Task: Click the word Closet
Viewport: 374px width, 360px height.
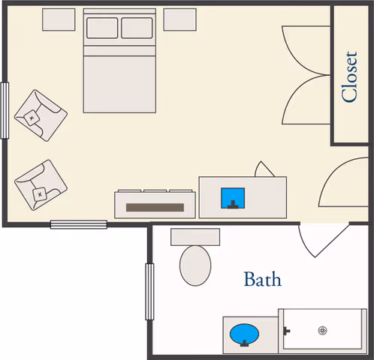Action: pos(349,76)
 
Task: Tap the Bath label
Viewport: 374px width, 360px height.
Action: pos(263,279)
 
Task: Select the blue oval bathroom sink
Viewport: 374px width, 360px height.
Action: pos(244,334)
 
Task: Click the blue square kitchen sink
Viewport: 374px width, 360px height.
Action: pos(233,198)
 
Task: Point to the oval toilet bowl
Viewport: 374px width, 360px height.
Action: pos(195,265)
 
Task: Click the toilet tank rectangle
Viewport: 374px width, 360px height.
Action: pos(195,237)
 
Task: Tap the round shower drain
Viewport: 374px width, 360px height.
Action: pos(322,331)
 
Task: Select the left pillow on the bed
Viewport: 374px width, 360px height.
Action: pos(102,28)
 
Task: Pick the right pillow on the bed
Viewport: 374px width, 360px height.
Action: pos(137,28)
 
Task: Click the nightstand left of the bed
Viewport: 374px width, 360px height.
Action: pos(59,19)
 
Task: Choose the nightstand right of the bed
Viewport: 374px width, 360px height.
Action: pos(179,19)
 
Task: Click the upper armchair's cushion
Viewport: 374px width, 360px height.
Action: pos(32,118)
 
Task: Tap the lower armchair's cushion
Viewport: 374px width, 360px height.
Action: pos(40,194)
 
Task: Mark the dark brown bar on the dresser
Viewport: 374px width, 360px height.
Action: pos(155,208)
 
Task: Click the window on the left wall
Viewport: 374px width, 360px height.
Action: pos(5,110)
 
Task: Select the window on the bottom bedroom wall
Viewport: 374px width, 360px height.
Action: pos(79,224)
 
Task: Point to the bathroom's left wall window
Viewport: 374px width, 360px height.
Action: pos(149,292)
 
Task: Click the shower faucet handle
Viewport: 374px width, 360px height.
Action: pos(286,331)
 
